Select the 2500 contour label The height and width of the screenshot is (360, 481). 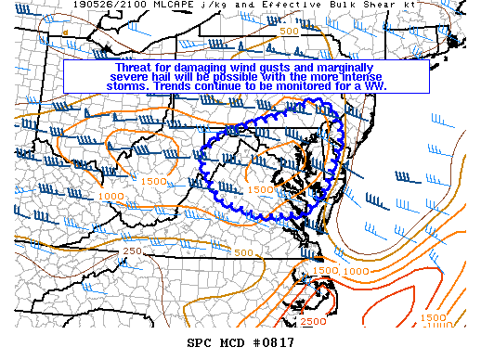point(314,321)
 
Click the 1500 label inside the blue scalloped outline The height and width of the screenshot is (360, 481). point(261,189)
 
